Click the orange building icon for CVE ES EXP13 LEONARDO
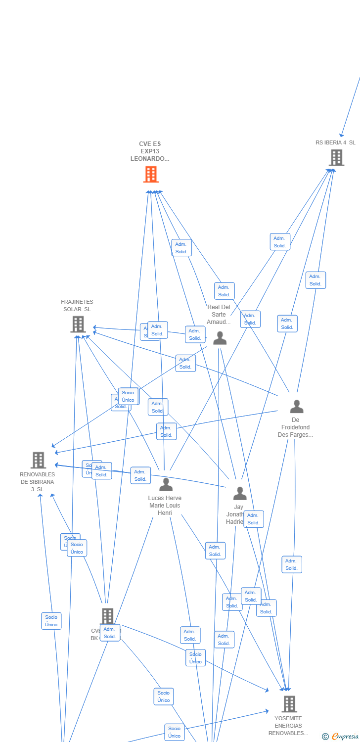(151, 175)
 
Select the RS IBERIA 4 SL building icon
(336, 158)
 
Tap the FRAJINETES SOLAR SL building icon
(78, 325)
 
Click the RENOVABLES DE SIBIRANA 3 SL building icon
(38, 460)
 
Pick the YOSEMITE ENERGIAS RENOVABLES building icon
(289, 703)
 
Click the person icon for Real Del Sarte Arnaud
(220, 338)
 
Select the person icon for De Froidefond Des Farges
(296, 407)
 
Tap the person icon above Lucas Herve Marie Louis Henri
(166, 485)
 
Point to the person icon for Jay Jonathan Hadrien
(240, 494)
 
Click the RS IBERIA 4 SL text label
(335, 142)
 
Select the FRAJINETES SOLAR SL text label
(77, 306)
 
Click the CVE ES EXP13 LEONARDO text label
(150, 151)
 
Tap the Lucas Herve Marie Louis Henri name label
(165, 506)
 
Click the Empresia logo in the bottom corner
(340, 737)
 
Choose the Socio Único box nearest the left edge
(51, 621)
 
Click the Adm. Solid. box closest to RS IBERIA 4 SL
(280, 242)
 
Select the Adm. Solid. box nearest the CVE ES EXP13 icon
(181, 248)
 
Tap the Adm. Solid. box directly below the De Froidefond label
(292, 564)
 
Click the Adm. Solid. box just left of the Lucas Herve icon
(140, 475)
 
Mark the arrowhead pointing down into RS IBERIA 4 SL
(341, 135)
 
